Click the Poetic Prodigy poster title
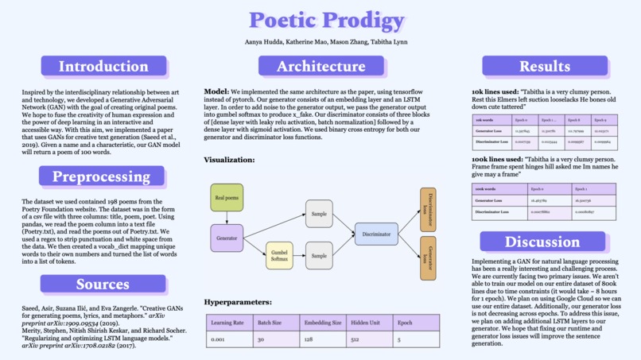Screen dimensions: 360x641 click(320, 21)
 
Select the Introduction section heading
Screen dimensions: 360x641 click(103, 67)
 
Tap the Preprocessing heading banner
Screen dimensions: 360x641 click(102, 176)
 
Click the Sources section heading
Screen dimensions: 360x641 click(103, 284)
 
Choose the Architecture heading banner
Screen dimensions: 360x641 click(321, 67)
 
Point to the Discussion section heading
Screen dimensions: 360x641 click(542, 242)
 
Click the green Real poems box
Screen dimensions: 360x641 click(227, 197)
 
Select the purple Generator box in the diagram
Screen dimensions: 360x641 click(227, 238)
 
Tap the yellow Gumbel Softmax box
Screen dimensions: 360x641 click(279, 256)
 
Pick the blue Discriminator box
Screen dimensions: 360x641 click(376, 234)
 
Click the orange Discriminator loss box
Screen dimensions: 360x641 click(428, 210)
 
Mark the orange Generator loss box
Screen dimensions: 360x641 click(428, 258)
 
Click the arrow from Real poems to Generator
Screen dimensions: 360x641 click(227, 218)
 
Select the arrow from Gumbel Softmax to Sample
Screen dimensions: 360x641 click(299, 256)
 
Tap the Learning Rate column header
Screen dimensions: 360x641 click(227, 323)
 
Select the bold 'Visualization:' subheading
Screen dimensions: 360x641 click(229, 160)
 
